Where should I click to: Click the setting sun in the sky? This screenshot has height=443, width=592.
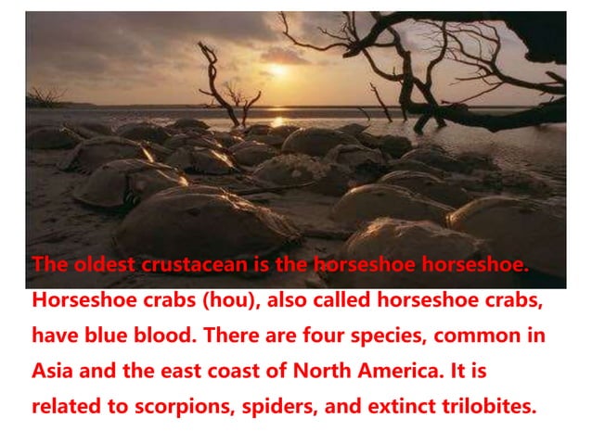click(278, 70)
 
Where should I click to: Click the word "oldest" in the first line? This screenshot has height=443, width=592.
click(102, 264)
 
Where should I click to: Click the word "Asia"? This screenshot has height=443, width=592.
click(52, 371)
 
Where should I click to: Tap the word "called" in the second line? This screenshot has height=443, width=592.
click(322, 300)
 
